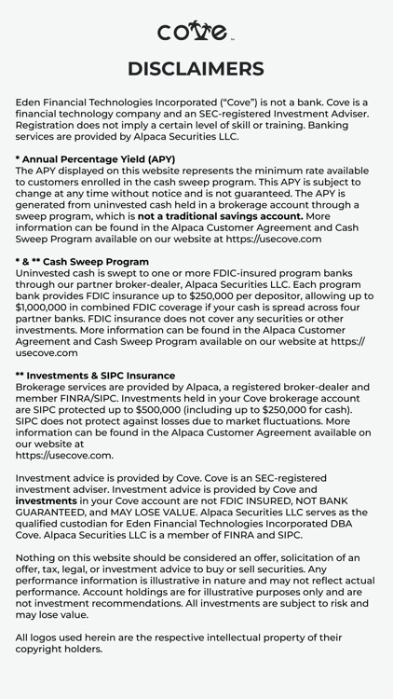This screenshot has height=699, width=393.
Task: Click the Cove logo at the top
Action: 196,31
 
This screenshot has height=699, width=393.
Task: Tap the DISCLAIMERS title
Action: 196,69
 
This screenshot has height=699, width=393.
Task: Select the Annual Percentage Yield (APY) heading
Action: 95,159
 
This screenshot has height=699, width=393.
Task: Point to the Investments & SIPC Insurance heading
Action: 95,376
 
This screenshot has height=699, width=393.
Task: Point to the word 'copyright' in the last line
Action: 47,649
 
